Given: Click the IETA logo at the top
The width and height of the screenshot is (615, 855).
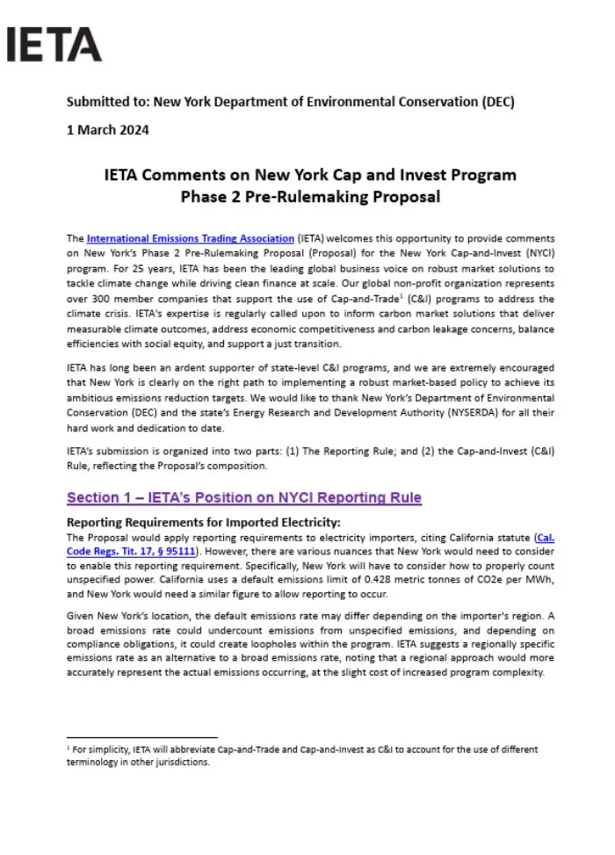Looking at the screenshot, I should pyautogui.click(x=54, y=44).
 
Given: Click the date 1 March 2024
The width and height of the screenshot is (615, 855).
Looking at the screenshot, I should pyautogui.click(x=107, y=130).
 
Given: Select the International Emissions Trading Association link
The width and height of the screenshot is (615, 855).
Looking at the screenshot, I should pyautogui.click(x=190, y=238).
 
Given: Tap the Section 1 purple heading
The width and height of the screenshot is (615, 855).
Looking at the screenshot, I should pyautogui.click(x=244, y=498).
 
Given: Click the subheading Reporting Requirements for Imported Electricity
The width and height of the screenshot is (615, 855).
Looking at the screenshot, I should pyautogui.click(x=203, y=523).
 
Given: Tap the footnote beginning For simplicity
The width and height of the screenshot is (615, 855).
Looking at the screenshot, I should pyautogui.click(x=303, y=750).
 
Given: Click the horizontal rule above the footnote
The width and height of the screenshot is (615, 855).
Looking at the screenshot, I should pyautogui.click(x=141, y=737).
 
